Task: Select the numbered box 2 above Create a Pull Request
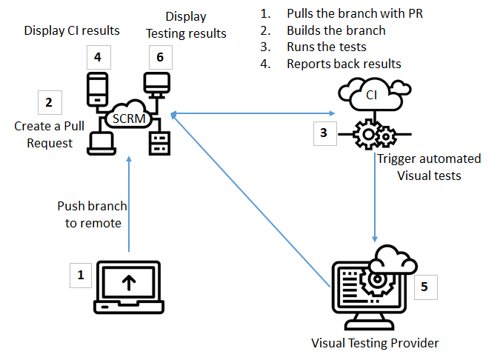tap(49, 102)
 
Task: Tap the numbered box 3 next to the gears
tap(324, 133)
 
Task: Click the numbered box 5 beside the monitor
tap(424, 287)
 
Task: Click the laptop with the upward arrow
tap(129, 285)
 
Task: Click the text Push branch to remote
tap(92, 213)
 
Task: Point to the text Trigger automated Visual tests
tap(429, 167)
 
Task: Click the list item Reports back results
tap(344, 64)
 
